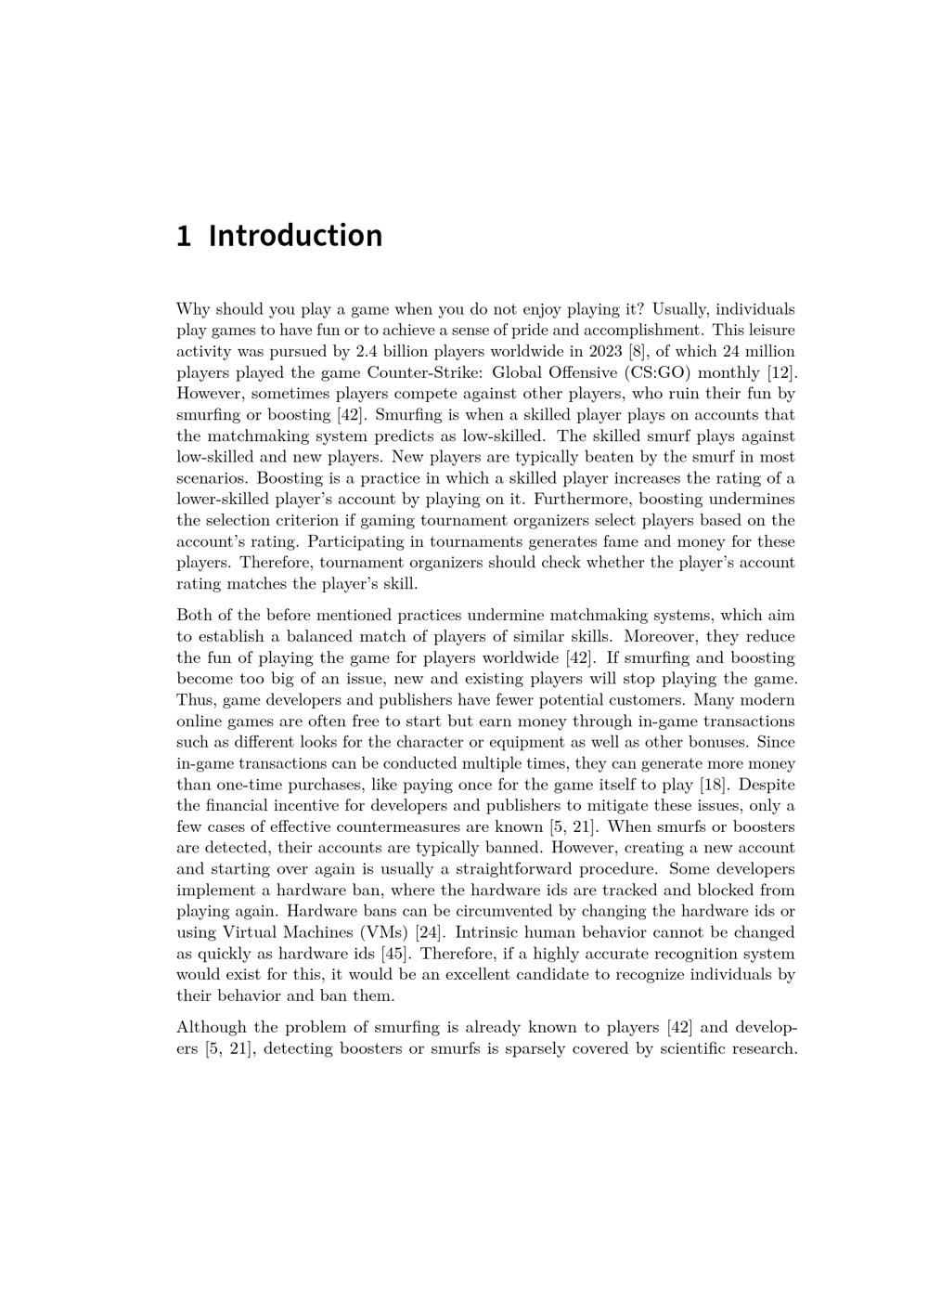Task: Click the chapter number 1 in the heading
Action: coord(184,236)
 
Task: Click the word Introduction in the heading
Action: coord(295,236)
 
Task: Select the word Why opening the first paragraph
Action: coord(193,309)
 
